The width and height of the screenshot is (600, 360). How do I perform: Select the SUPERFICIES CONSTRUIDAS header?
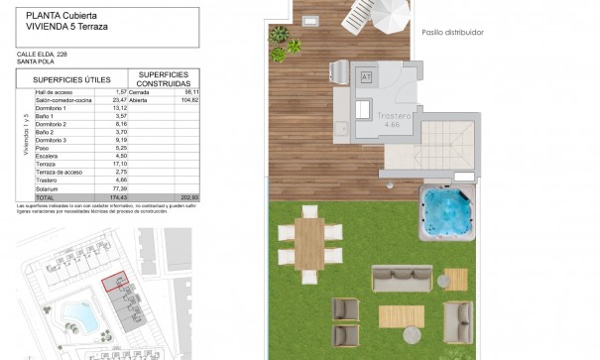click(163, 78)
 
